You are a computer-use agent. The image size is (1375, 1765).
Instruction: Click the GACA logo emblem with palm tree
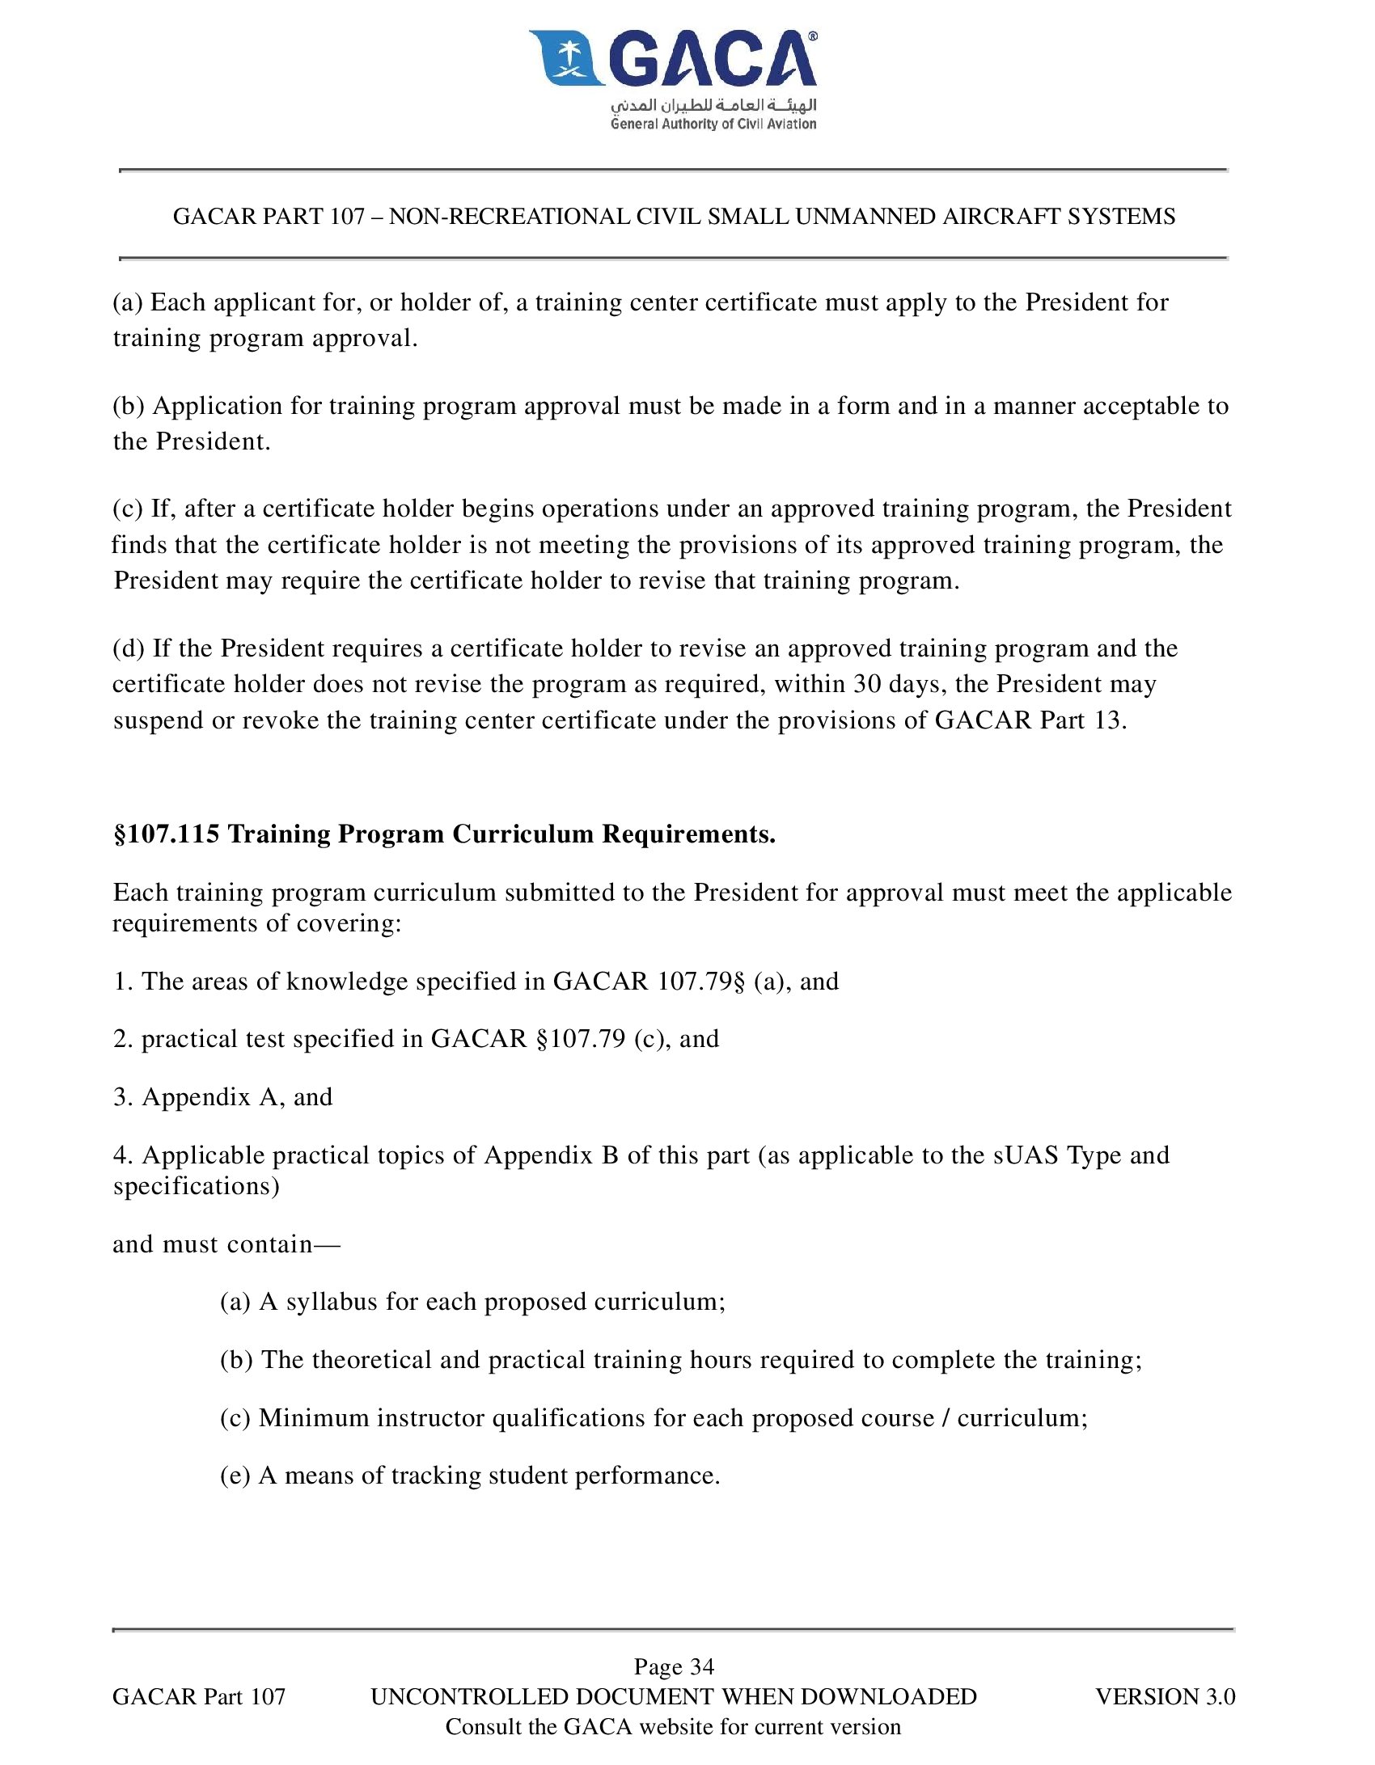567,58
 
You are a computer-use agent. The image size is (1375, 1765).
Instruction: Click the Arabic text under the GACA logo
713,105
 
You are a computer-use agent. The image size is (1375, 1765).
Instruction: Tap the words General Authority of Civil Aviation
713,124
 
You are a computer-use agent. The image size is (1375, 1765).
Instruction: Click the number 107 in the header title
347,217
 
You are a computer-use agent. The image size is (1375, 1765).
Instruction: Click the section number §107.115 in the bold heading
167,834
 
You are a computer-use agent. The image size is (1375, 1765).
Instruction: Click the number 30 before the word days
867,684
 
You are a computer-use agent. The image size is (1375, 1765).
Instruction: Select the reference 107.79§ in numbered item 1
700,981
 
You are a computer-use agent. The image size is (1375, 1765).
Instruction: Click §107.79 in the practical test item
581,1038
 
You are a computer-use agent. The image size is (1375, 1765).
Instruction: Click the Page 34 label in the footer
674,1666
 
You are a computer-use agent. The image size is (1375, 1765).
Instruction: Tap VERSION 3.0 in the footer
1165,1696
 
